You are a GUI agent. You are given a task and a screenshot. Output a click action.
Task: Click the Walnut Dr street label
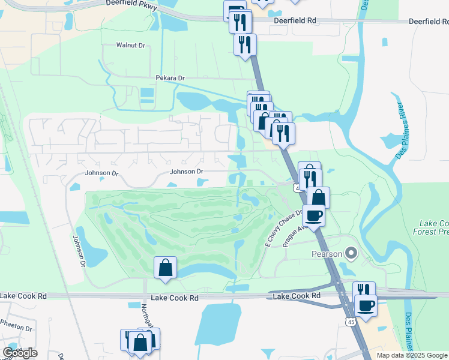pos(131,46)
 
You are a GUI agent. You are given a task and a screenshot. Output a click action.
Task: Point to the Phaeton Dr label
pos(16,328)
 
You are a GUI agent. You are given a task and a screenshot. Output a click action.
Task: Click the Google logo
pos(20,353)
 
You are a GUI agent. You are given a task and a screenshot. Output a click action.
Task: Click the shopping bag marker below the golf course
pos(165,269)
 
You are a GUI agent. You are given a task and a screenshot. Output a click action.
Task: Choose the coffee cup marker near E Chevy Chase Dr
pos(313,215)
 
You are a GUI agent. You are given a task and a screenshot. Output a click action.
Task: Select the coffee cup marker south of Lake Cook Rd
pos(365,306)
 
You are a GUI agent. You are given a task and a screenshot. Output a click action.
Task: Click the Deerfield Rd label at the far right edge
pos(429,20)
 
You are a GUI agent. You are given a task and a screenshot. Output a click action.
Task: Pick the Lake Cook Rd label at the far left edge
pos(23,296)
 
